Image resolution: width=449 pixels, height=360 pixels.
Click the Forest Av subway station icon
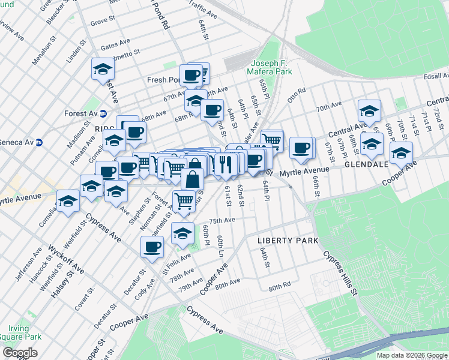pos(103,113)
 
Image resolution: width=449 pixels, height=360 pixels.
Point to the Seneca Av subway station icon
pos(39,142)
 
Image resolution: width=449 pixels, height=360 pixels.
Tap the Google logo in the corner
pos(20,353)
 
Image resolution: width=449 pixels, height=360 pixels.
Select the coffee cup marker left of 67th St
pos(301,147)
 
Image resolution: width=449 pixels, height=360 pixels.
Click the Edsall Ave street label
pos(435,76)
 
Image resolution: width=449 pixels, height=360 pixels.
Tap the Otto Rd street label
pos(297,95)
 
